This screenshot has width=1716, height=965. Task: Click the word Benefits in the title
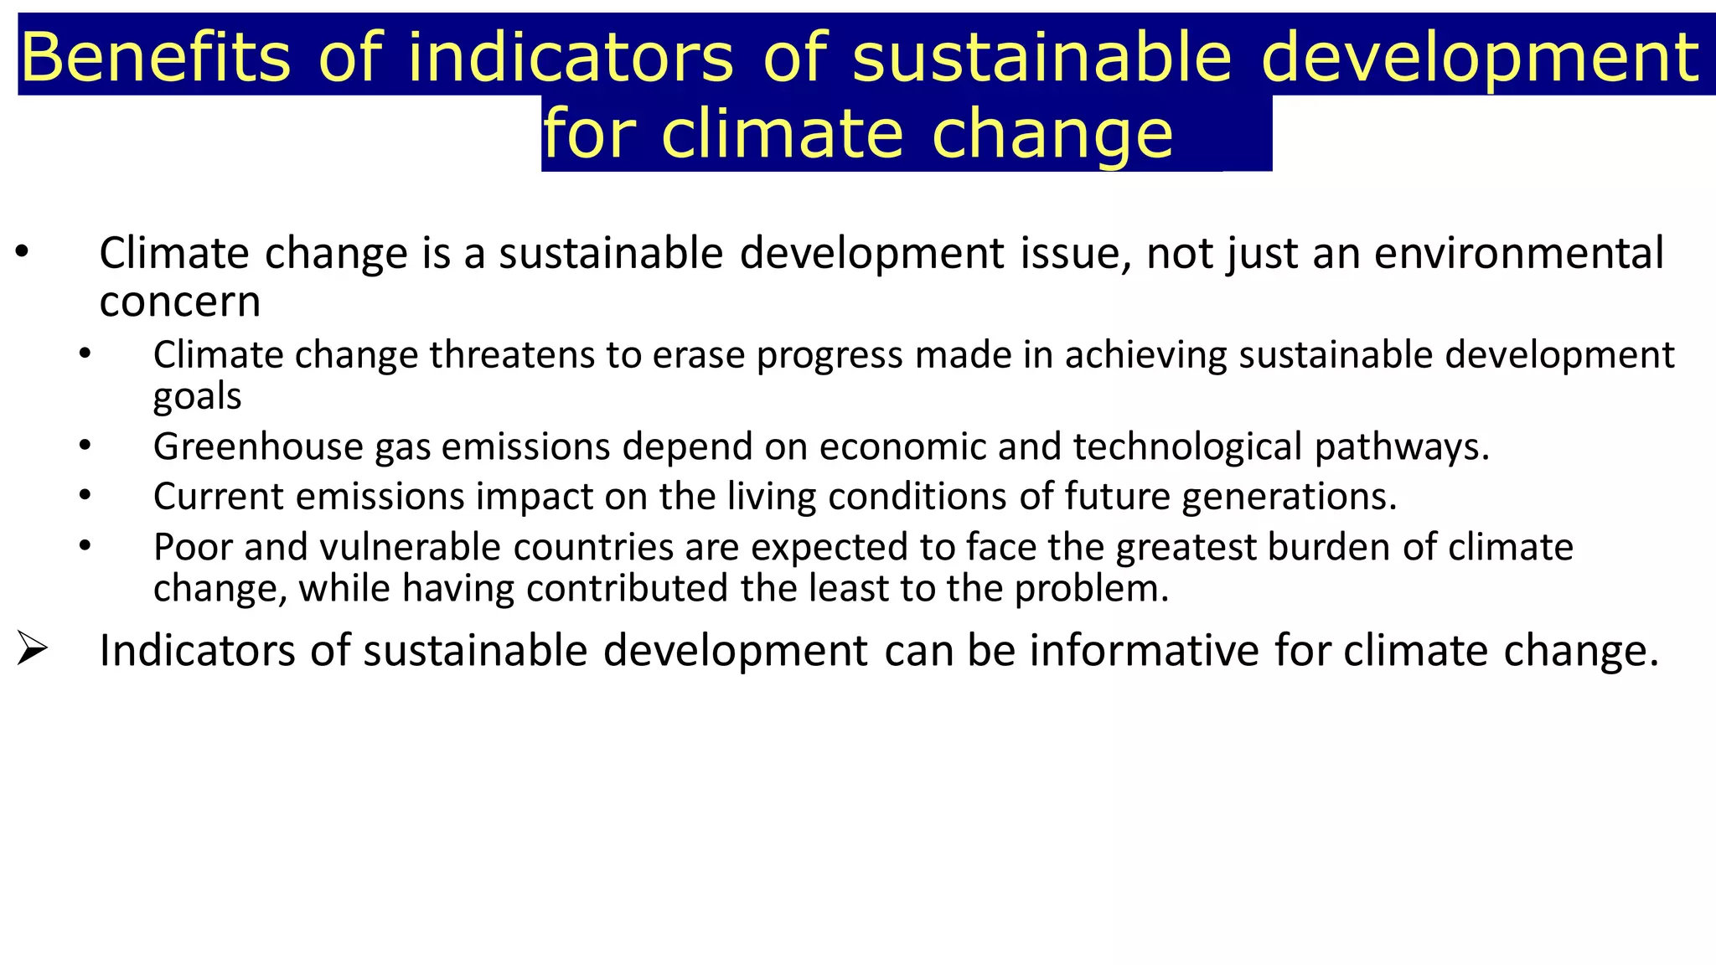click(x=155, y=57)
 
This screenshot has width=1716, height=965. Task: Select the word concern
click(x=180, y=302)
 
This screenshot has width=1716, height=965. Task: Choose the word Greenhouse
click(x=258, y=446)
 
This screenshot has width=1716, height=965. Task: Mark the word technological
click(x=1187, y=446)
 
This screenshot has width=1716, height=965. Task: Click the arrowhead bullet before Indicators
click(x=32, y=649)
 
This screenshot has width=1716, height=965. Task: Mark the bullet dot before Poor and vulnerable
click(x=85, y=545)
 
